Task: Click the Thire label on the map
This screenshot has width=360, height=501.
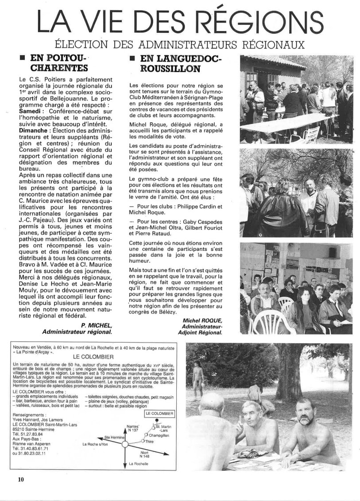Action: [x=149, y=442]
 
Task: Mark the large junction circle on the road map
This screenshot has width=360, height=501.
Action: [x=125, y=444]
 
